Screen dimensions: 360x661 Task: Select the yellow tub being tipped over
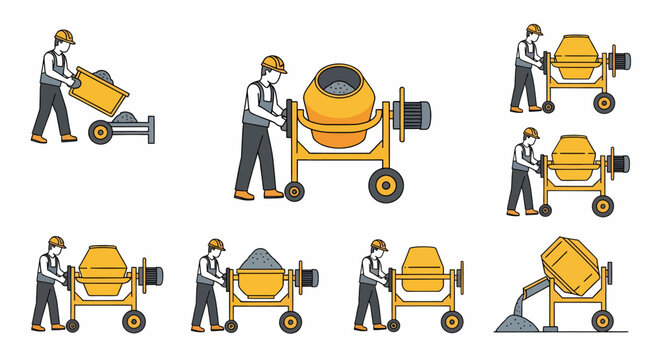click(x=101, y=90)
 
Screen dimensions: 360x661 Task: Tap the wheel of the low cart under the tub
click(x=101, y=131)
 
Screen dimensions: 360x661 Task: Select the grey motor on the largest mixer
click(x=413, y=111)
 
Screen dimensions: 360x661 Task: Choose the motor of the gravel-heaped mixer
click(x=306, y=277)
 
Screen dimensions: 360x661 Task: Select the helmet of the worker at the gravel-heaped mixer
click(x=216, y=245)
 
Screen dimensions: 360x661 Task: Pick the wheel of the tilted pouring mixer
click(x=602, y=320)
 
